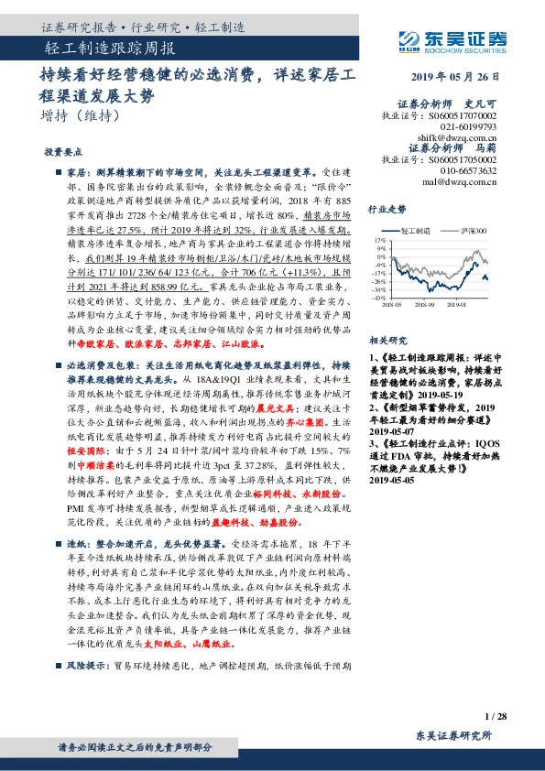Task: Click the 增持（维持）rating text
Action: pyautogui.click(x=79, y=116)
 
